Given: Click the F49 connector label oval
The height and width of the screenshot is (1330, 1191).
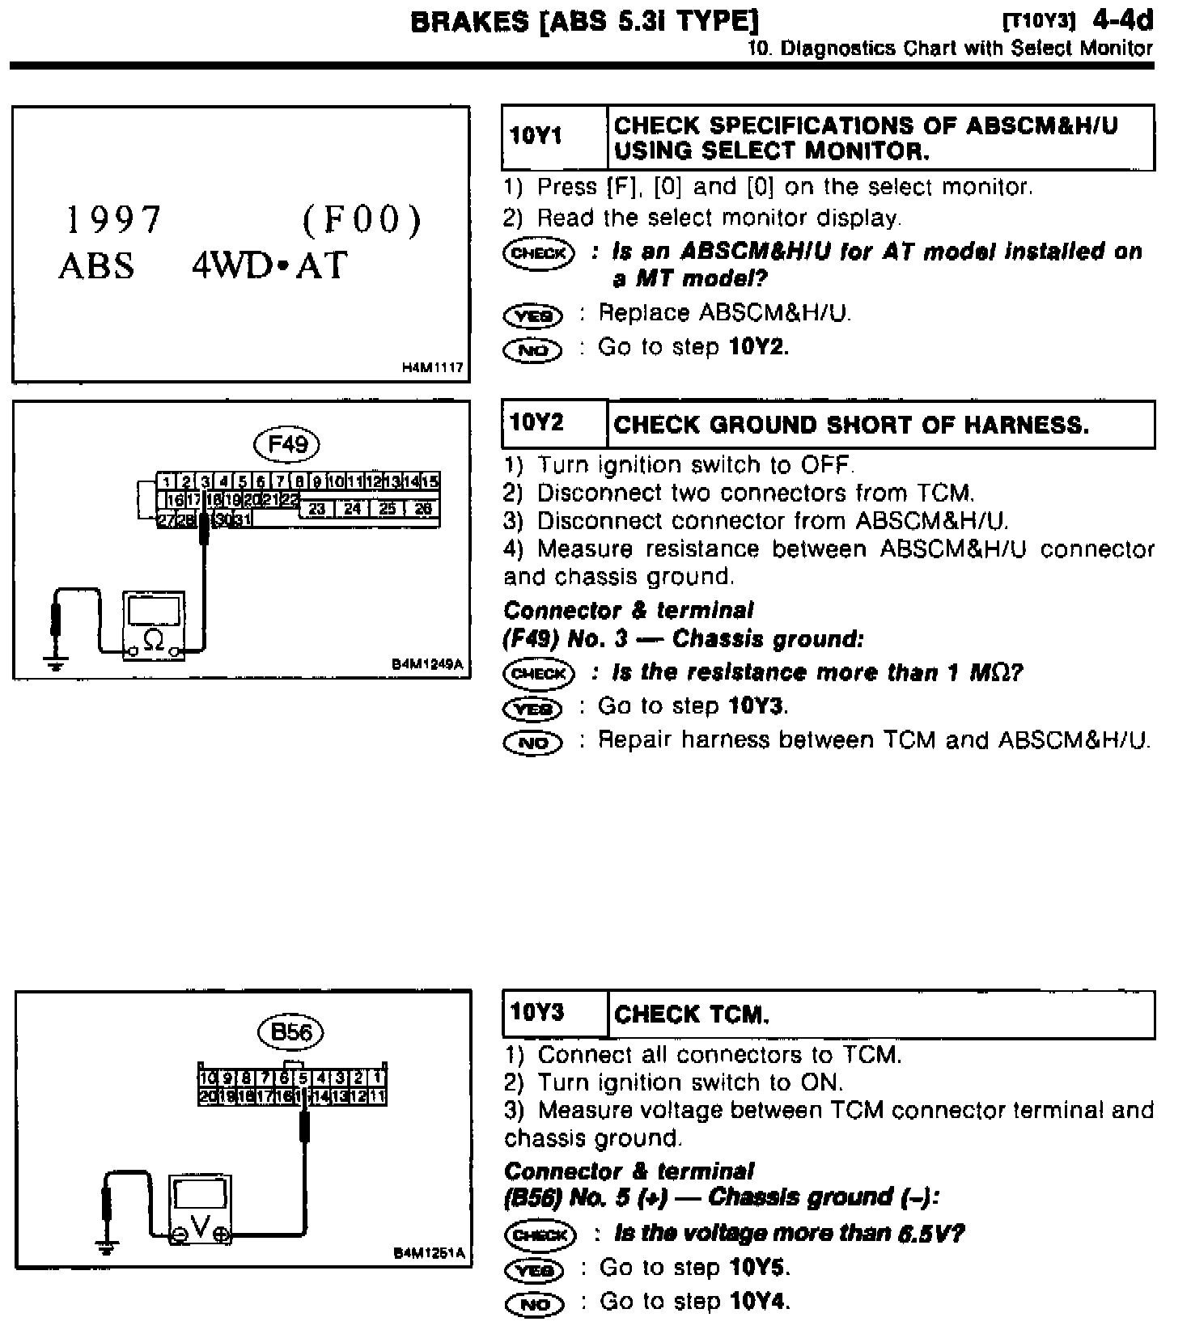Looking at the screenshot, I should (x=287, y=443).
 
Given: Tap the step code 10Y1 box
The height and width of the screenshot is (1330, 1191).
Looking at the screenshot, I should (x=553, y=137).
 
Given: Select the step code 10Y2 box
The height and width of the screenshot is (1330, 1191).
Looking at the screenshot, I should (x=553, y=423).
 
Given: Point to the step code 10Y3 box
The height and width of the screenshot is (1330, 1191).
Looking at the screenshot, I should (x=553, y=1014).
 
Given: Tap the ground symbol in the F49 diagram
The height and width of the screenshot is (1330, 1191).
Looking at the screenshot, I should (x=56, y=666).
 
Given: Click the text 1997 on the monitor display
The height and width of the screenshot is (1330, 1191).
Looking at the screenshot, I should (x=114, y=219).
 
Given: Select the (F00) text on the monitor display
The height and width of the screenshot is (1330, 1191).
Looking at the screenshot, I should (x=362, y=219).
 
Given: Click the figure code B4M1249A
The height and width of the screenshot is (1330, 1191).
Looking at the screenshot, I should (x=427, y=664).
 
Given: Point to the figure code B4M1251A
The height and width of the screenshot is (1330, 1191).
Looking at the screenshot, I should (x=429, y=1253).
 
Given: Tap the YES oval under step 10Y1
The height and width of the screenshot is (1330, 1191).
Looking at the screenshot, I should (x=532, y=315).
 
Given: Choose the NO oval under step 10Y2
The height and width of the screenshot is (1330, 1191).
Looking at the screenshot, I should (x=532, y=742).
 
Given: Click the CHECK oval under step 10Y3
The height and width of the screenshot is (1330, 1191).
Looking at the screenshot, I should (x=540, y=1235).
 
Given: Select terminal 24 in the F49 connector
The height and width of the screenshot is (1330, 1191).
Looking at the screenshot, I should (x=352, y=509).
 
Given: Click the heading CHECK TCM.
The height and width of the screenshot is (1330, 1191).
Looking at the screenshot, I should (x=692, y=1014).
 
